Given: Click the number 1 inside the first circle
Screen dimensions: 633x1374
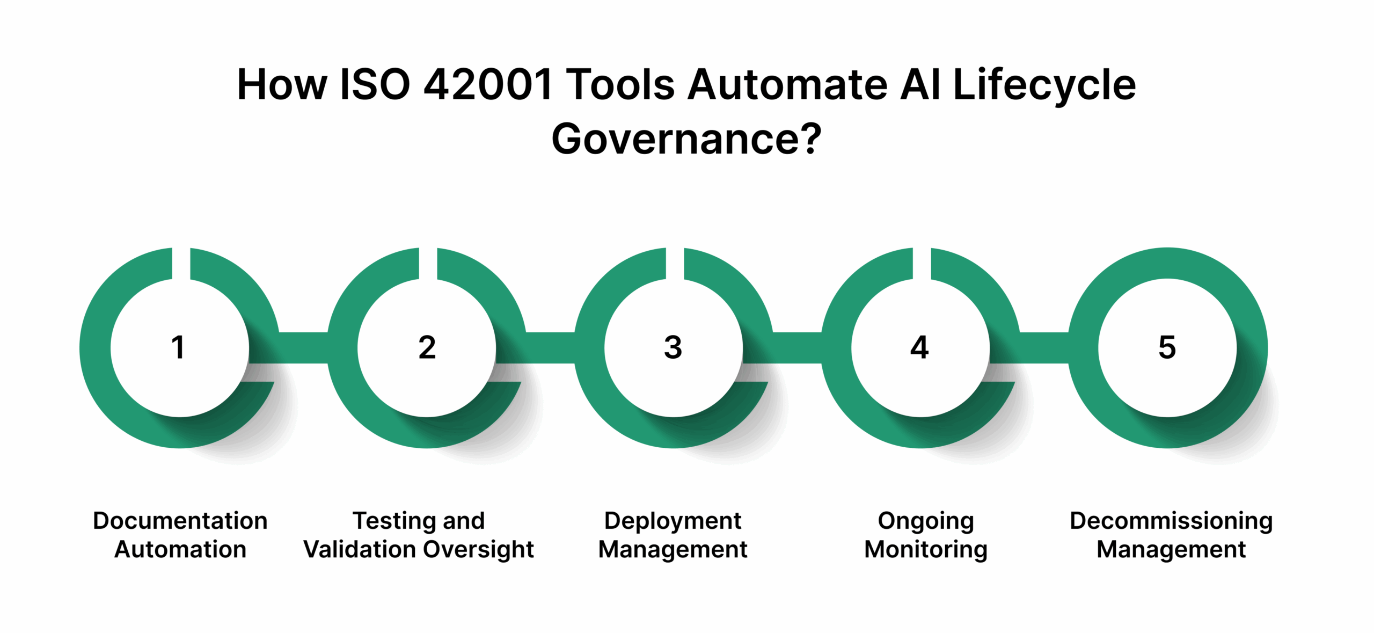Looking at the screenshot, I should pyautogui.click(x=178, y=347).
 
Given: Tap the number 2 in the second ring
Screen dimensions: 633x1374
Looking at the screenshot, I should pyautogui.click(x=427, y=347).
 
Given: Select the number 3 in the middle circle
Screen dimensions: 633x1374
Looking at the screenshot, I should pyautogui.click(x=673, y=347).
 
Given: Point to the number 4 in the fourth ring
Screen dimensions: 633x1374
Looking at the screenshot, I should pyautogui.click(x=919, y=347).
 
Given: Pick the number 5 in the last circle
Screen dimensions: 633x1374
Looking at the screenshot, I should pyautogui.click(x=1167, y=347).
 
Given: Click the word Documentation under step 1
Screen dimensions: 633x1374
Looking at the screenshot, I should pyautogui.click(x=180, y=521).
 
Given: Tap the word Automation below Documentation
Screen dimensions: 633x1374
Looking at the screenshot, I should pyautogui.click(x=180, y=549).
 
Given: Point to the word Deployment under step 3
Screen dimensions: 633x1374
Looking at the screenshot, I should pyautogui.click(x=673, y=521).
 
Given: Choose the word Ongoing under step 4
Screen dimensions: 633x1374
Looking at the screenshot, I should pyautogui.click(x=926, y=521).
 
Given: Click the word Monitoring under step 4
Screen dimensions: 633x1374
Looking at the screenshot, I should pyautogui.click(x=926, y=549).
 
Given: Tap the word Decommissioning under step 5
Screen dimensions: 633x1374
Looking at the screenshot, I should pyautogui.click(x=1171, y=521).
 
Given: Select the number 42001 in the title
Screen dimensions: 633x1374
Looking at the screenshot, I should pyautogui.click(x=488, y=85).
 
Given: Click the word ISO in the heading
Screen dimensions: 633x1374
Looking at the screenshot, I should pyautogui.click(x=375, y=85).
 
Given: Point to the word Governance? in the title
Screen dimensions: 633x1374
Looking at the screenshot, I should pyautogui.click(x=686, y=139).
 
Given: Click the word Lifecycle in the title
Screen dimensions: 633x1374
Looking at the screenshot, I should pyautogui.click(x=1044, y=85).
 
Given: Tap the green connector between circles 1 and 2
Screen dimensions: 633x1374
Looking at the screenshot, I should pyautogui.click(x=303, y=347).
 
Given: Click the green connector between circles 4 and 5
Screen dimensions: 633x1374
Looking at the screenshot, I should pyautogui.click(x=1044, y=347).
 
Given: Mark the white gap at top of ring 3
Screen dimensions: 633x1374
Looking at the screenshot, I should pyautogui.click(x=675, y=263).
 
